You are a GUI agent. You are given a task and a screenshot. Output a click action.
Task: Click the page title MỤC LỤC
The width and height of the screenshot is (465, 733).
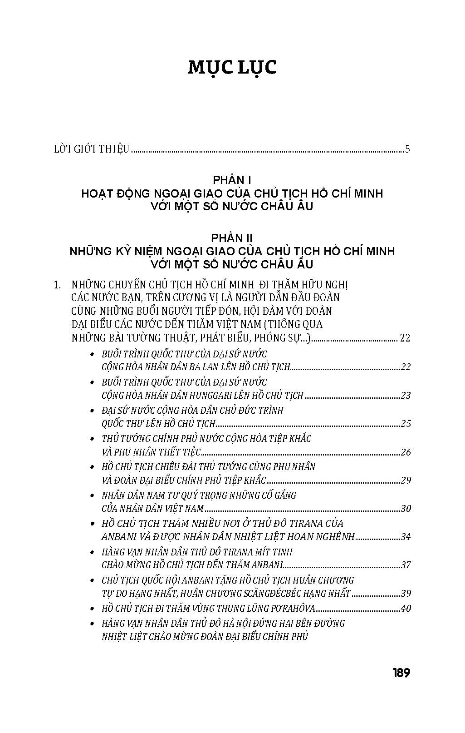click(232, 67)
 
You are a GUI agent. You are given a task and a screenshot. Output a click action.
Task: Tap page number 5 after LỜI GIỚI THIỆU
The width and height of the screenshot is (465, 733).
click(407, 149)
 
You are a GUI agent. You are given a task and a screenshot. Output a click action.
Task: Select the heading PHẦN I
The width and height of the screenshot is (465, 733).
click(232, 180)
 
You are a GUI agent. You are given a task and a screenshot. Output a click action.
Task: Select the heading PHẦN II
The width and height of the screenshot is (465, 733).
click(232, 238)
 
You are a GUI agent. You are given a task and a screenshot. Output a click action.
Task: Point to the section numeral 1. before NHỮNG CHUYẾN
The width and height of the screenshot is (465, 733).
click(57, 285)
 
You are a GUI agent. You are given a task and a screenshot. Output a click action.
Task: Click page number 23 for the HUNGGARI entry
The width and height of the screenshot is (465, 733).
click(406, 396)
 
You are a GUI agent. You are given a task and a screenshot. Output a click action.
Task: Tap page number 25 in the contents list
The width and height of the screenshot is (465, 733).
click(406, 424)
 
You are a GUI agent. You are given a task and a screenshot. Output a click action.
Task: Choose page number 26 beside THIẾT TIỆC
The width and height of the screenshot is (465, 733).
click(406, 452)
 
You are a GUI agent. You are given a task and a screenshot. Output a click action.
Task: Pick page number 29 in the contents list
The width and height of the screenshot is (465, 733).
click(406, 480)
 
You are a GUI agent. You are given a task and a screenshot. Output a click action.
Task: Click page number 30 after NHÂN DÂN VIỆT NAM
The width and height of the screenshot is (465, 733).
click(406, 509)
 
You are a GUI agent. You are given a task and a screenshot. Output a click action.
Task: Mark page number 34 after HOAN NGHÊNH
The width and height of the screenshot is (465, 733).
click(406, 537)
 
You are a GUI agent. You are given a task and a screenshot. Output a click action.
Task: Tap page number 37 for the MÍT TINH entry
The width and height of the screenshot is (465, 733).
click(406, 565)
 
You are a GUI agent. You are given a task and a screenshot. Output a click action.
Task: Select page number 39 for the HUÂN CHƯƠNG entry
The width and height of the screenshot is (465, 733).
click(406, 594)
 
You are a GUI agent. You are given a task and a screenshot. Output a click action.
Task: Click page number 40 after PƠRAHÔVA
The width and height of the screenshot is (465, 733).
click(406, 608)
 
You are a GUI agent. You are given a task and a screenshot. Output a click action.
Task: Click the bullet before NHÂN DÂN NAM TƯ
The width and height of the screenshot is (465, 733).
click(93, 495)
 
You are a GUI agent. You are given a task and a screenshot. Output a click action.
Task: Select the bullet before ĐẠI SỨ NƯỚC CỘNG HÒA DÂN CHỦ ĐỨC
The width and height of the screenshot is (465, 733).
click(93, 411)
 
